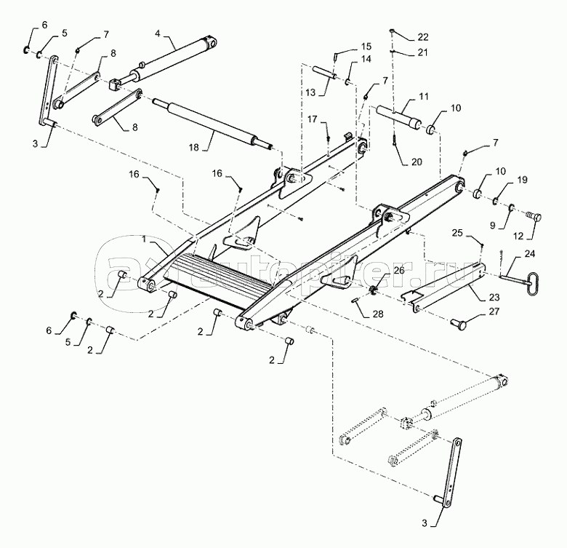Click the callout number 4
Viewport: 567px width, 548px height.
point(157,33)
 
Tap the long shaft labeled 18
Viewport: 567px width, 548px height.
point(213,123)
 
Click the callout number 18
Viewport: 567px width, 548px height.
point(194,147)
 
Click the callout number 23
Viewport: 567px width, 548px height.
point(494,297)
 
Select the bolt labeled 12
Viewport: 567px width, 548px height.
point(534,218)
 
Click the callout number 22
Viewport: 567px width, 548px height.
point(423,37)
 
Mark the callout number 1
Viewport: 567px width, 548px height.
point(144,239)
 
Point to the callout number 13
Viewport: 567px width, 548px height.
point(310,92)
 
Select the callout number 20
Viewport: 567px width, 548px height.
point(417,162)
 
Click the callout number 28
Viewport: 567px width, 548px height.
point(378,314)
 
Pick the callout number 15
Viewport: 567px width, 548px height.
point(366,47)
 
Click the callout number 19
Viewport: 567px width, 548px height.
point(522,180)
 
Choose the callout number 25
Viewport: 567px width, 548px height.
point(457,233)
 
